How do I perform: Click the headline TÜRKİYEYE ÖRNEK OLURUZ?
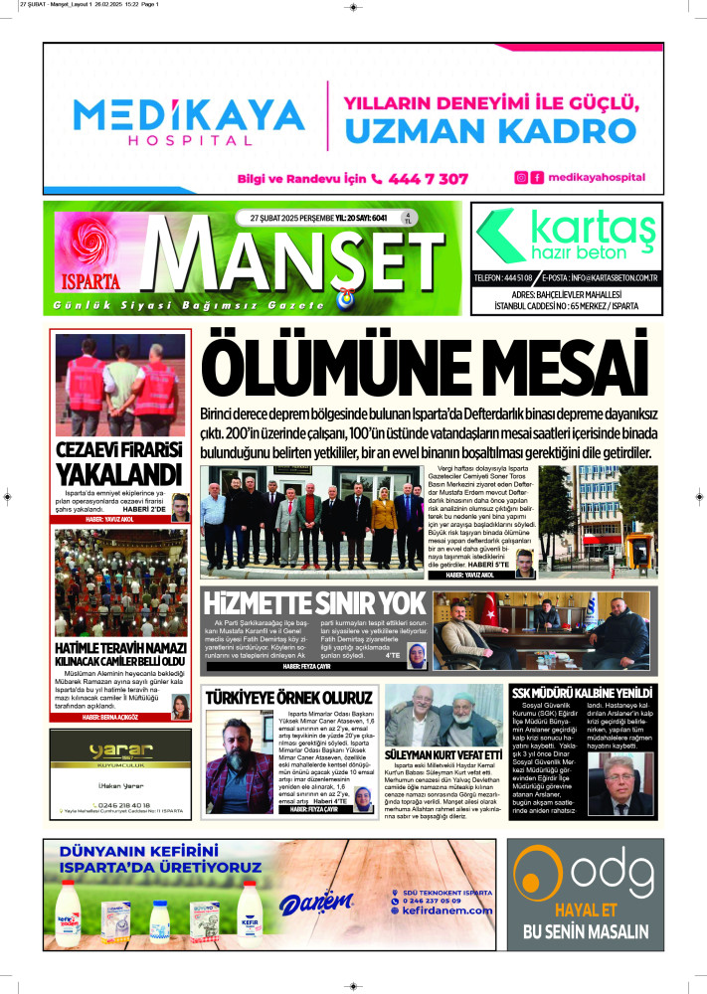288,698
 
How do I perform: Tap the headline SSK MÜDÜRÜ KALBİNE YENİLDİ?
581,692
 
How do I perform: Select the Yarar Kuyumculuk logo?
119,751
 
